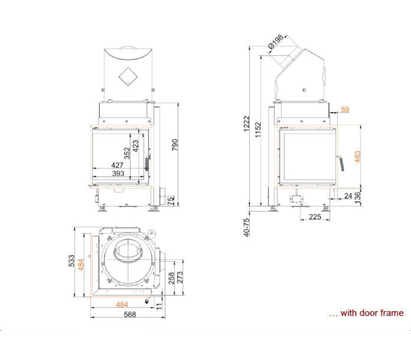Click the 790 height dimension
pos(175,145)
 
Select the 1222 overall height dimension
pos(247,123)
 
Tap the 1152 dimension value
pos(258,130)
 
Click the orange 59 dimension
pos(345,110)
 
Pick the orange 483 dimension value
pos(358,157)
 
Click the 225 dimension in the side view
pos(315,217)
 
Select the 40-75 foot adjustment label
pos(247,227)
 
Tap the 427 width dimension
pos(117,165)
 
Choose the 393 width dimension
pos(118,173)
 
